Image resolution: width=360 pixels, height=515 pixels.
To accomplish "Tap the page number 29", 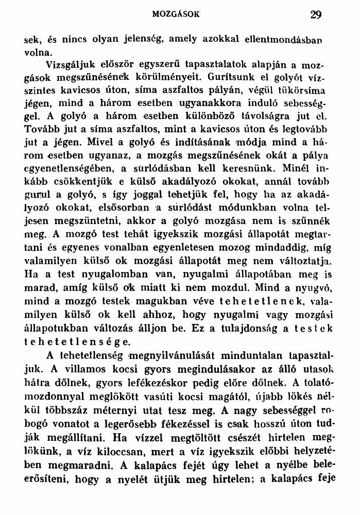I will pyautogui.click(x=316, y=15).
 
